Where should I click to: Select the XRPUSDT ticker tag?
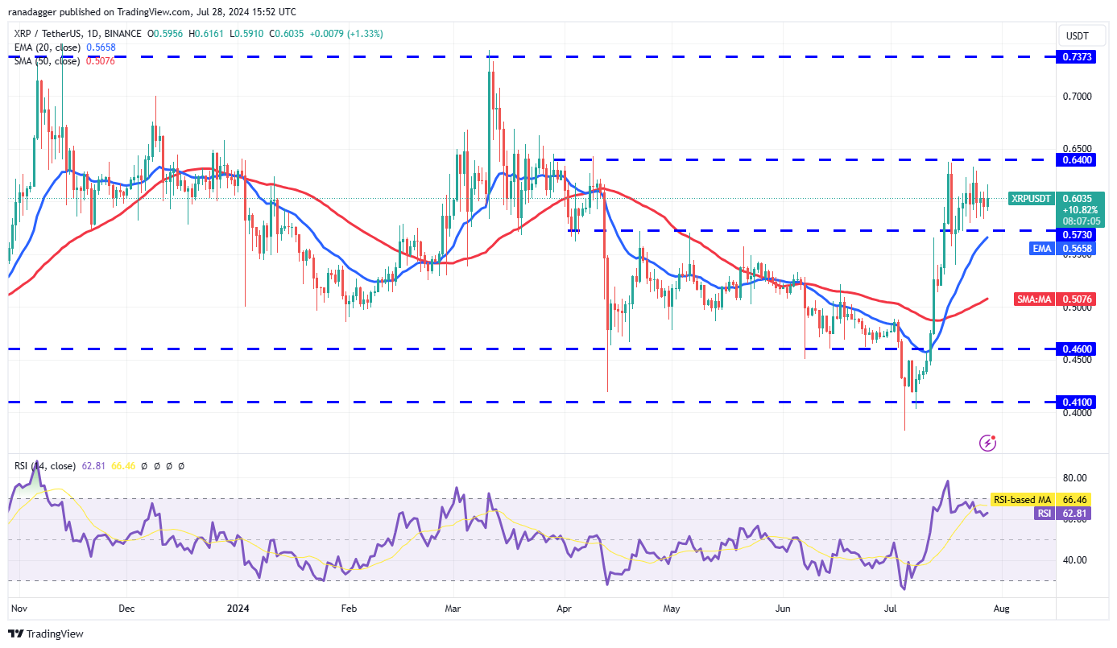point(1032,198)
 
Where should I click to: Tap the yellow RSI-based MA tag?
point(1021,500)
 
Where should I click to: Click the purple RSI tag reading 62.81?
point(1044,513)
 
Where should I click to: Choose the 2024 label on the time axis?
point(238,609)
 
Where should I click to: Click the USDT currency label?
point(1077,35)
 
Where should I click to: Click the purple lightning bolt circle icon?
point(988,442)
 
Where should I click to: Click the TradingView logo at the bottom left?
point(47,634)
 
